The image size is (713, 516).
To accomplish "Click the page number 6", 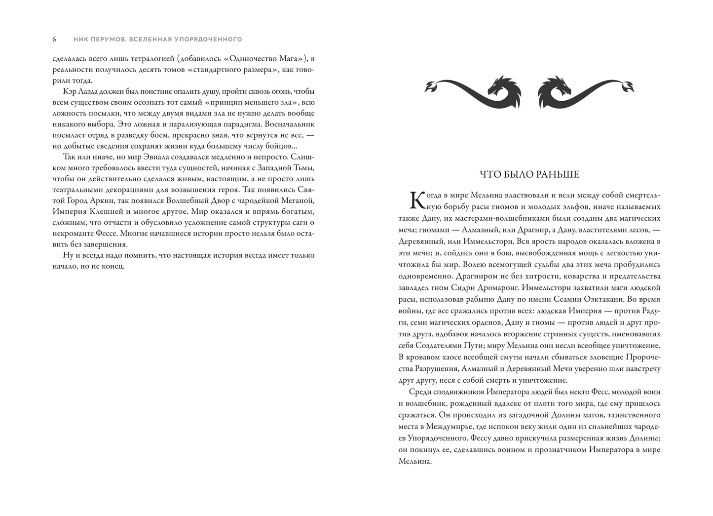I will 54,39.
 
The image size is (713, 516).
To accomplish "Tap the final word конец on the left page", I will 115,266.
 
